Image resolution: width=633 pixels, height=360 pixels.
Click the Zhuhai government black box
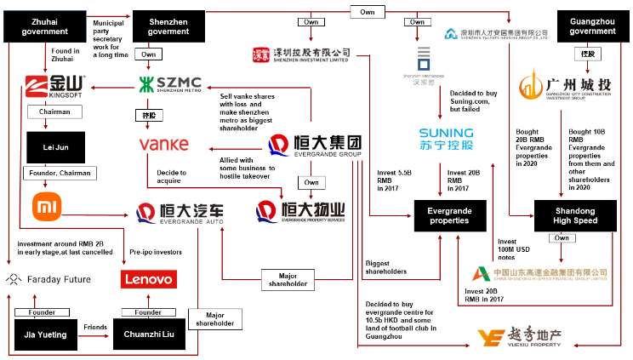click(x=45, y=26)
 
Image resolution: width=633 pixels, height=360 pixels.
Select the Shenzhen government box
click(x=168, y=26)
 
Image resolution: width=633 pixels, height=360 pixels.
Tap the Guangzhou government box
click(x=591, y=26)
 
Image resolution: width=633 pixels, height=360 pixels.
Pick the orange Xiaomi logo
click(x=47, y=207)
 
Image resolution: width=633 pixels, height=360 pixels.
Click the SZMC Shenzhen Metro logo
click(x=170, y=85)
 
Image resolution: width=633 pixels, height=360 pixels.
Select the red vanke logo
click(x=163, y=145)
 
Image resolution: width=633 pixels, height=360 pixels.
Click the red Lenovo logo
click(x=149, y=278)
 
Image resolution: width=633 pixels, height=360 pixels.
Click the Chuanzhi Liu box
click(x=149, y=334)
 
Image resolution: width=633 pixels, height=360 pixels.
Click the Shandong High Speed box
click(x=575, y=214)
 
